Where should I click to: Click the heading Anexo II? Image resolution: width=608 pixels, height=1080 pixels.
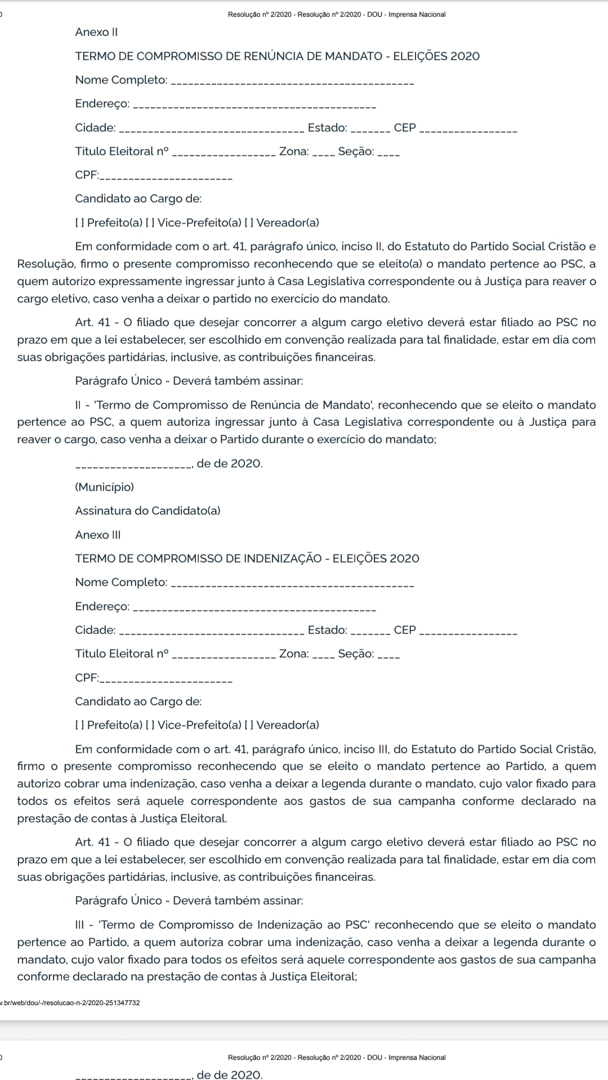click(x=96, y=32)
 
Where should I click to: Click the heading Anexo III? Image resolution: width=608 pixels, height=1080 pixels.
click(x=98, y=535)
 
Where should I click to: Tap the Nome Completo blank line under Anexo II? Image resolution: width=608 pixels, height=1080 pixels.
click(x=292, y=83)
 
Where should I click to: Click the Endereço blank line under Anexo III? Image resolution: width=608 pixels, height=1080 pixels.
click(x=257, y=609)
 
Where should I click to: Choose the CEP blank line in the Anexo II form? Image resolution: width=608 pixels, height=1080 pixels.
click(x=468, y=130)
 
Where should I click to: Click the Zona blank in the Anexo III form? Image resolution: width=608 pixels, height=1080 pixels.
click(x=324, y=657)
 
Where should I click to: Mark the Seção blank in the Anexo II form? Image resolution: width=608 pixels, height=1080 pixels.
click(x=389, y=154)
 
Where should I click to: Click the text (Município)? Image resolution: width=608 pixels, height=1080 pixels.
click(x=105, y=487)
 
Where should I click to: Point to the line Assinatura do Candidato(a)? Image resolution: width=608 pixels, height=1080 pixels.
click(x=147, y=511)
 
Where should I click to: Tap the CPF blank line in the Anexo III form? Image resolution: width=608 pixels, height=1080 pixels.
click(x=166, y=681)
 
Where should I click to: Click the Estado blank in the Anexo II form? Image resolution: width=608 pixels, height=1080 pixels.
click(x=370, y=130)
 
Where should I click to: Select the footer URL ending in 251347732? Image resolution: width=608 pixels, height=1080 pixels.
click(x=70, y=1002)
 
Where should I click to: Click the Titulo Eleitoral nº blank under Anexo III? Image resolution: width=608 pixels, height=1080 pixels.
click(x=223, y=657)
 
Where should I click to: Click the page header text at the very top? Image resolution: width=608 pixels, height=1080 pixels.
click(x=337, y=15)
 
